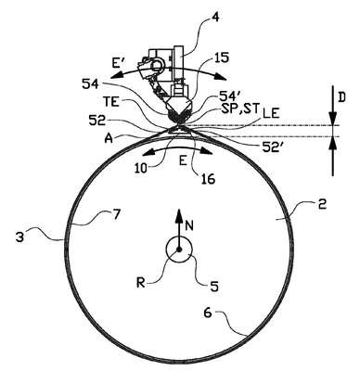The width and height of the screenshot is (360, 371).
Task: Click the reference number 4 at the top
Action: (x=215, y=18)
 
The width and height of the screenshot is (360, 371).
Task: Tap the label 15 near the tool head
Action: (x=220, y=58)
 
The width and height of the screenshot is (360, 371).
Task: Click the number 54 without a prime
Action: (x=91, y=84)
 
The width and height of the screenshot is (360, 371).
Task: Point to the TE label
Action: (x=111, y=102)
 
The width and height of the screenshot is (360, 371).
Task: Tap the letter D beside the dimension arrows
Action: (x=341, y=97)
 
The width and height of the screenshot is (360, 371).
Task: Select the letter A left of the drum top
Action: (x=109, y=138)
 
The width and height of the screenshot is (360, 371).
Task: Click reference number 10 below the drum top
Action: (x=143, y=168)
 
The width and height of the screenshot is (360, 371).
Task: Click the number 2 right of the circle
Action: (x=322, y=204)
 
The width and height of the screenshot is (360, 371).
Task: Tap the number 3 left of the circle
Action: (x=20, y=238)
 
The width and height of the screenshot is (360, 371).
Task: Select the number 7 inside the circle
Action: (x=115, y=215)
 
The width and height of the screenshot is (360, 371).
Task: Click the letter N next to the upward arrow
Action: (x=189, y=226)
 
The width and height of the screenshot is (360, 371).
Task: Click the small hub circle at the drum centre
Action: (x=179, y=249)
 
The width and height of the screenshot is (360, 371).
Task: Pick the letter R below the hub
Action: (x=141, y=283)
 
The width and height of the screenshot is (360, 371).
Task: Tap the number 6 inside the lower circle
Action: (x=208, y=313)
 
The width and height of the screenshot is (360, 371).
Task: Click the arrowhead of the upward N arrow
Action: (x=179, y=215)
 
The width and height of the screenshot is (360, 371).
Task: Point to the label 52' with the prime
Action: (x=271, y=147)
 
